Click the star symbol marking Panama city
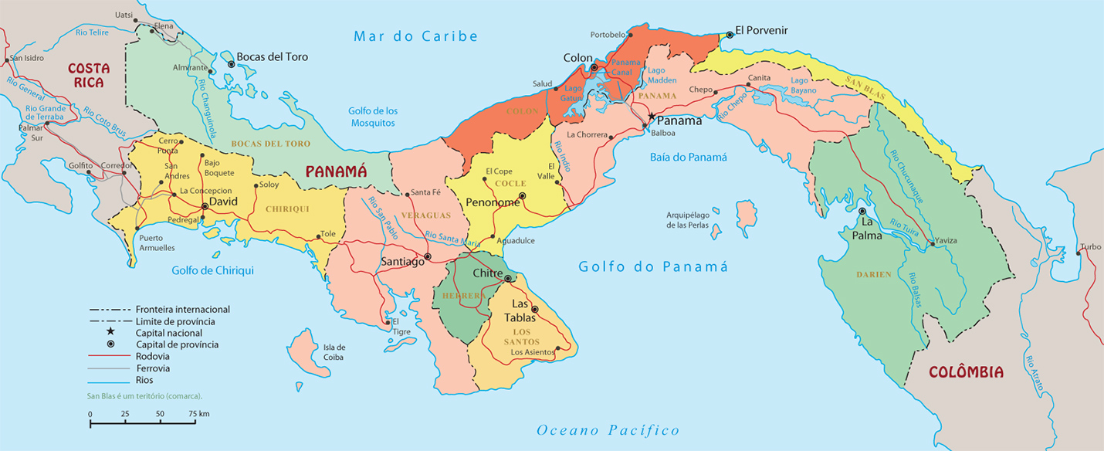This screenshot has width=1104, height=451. [x=652, y=117]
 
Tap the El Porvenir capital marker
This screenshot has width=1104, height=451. [x=730, y=35]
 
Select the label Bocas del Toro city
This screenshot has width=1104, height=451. [x=272, y=57]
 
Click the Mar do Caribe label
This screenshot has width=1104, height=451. [x=415, y=36]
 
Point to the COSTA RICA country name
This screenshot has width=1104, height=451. [x=89, y=75]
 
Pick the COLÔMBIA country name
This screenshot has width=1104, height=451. [x=966, y=372]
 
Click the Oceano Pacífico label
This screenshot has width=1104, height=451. [x=608, y=430]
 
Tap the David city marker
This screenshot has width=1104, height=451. [x=205, y=206]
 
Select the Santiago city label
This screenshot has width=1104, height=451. [x=402, y=263]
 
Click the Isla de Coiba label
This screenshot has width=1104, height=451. [x=334, y=352]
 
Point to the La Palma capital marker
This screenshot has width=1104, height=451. [x=862, y=211]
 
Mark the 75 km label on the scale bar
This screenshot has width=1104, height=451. [x=198, y=415]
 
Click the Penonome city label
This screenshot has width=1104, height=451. [x=493, y=202]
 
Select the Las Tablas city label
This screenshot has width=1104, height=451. [x=520, y=310]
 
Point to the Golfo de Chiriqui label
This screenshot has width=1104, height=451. [x=212, y=270]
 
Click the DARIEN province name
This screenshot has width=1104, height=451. [x=873, y=274]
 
